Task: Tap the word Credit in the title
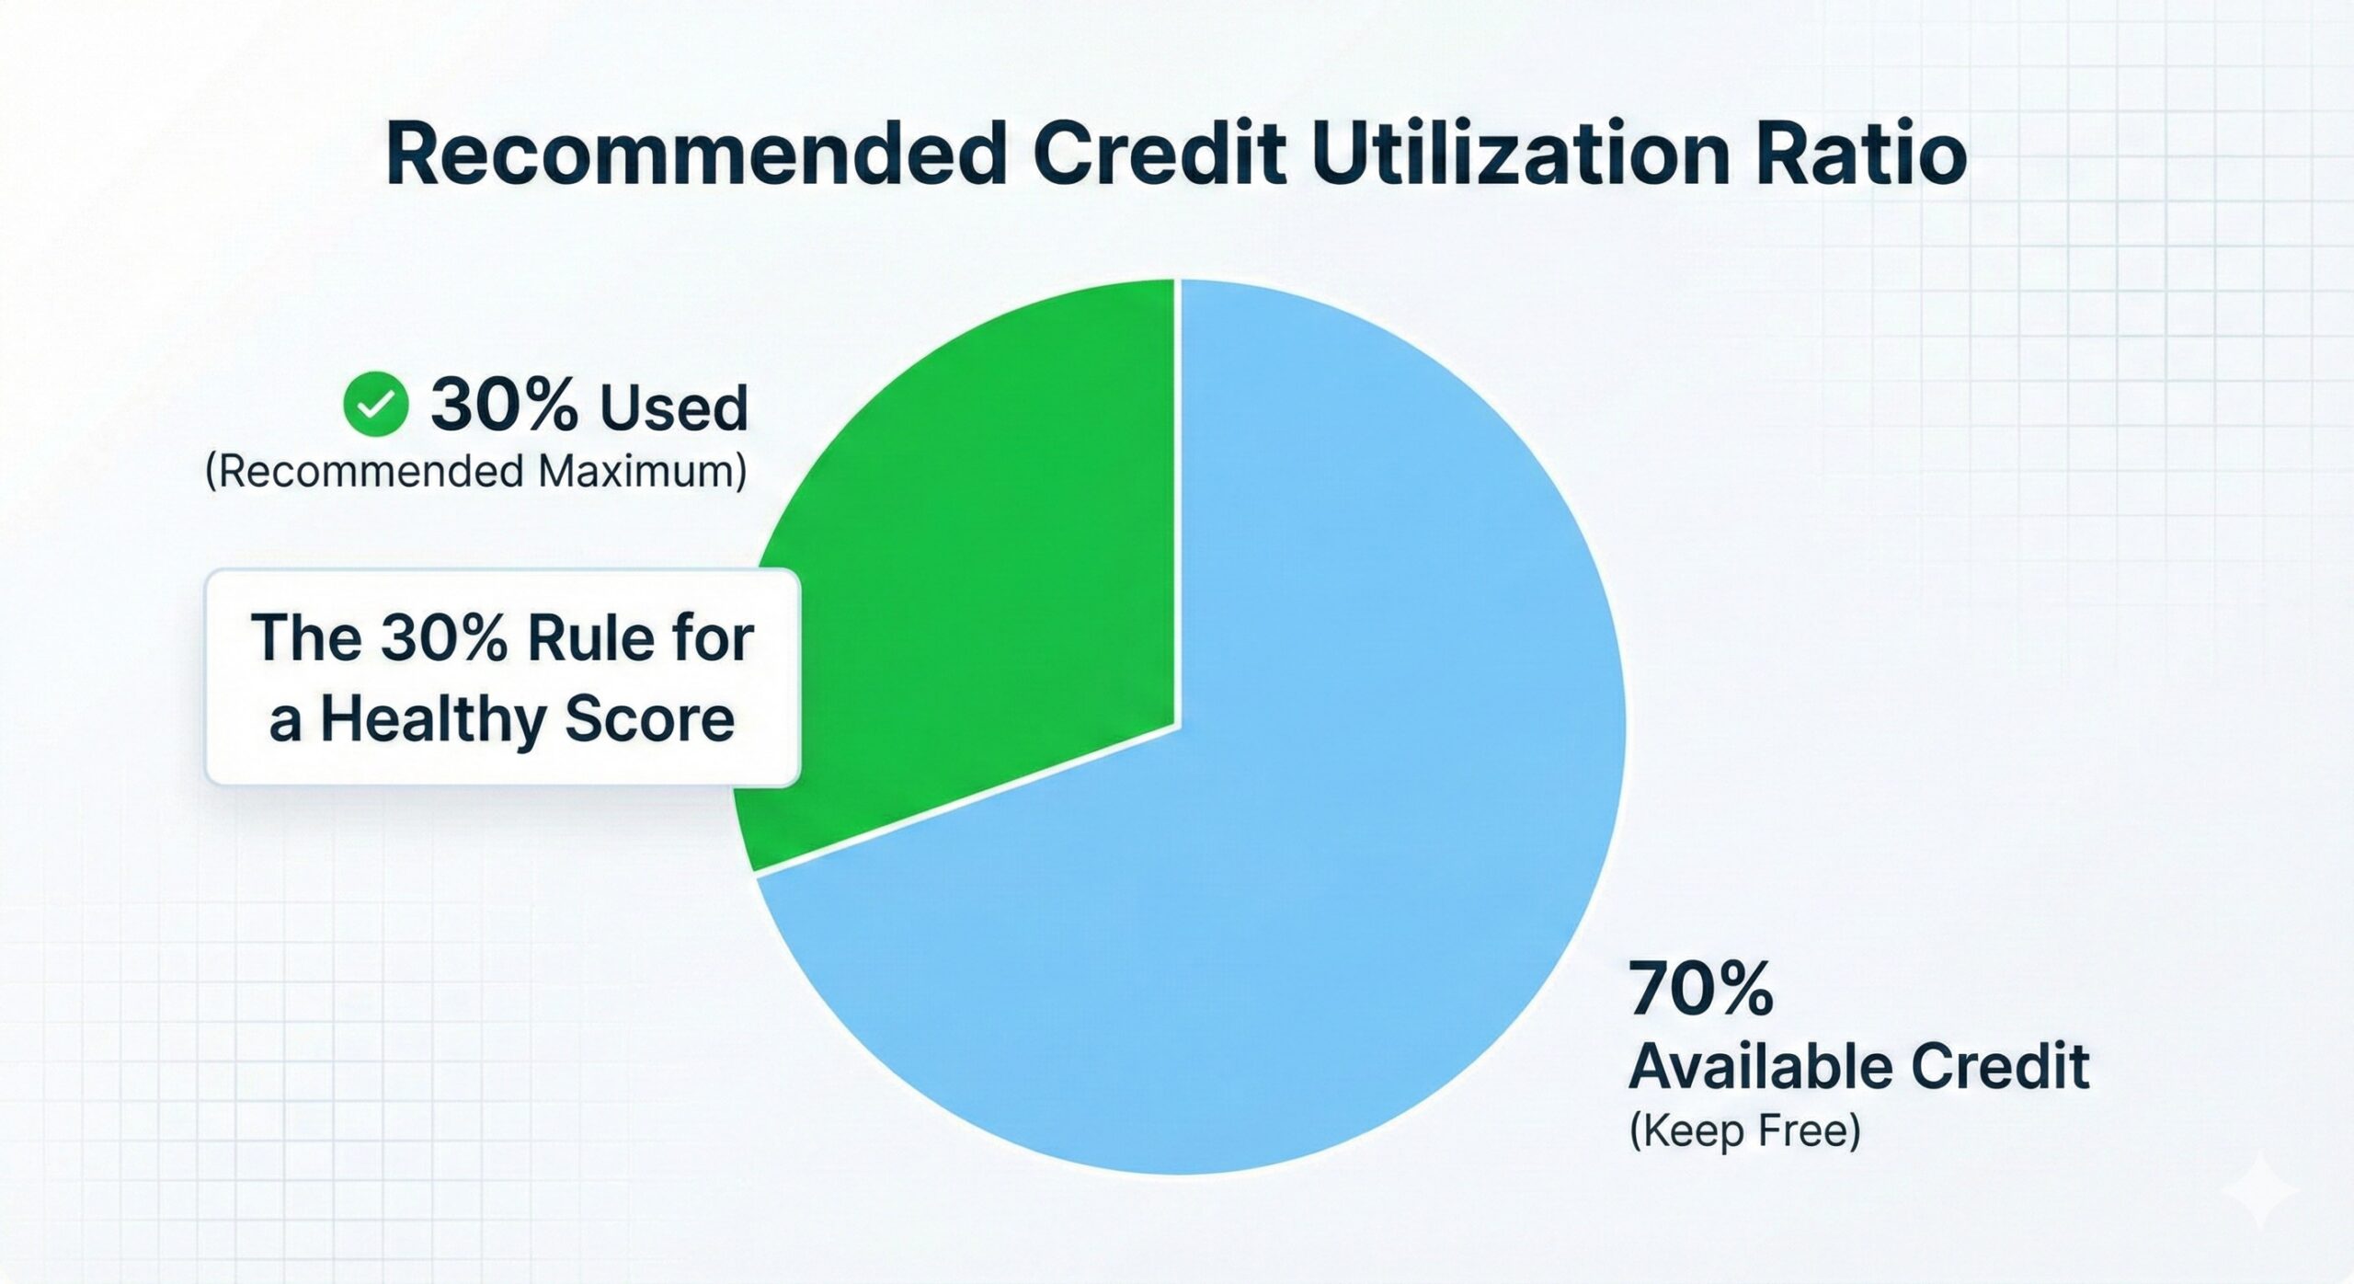[x=1160, y=155]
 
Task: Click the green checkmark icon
[x=375, y=405]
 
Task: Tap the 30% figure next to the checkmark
[x=504, y=405]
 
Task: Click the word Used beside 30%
[x=674, y=407]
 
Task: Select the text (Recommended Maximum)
[x=475, y=472]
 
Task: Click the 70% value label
[x=1700, y=990]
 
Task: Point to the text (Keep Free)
[x=1744, y=1130]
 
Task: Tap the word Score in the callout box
[x=649, y=719]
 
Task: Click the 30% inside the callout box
[x=443, y=638]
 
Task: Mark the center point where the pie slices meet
[x=1178, y=726]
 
